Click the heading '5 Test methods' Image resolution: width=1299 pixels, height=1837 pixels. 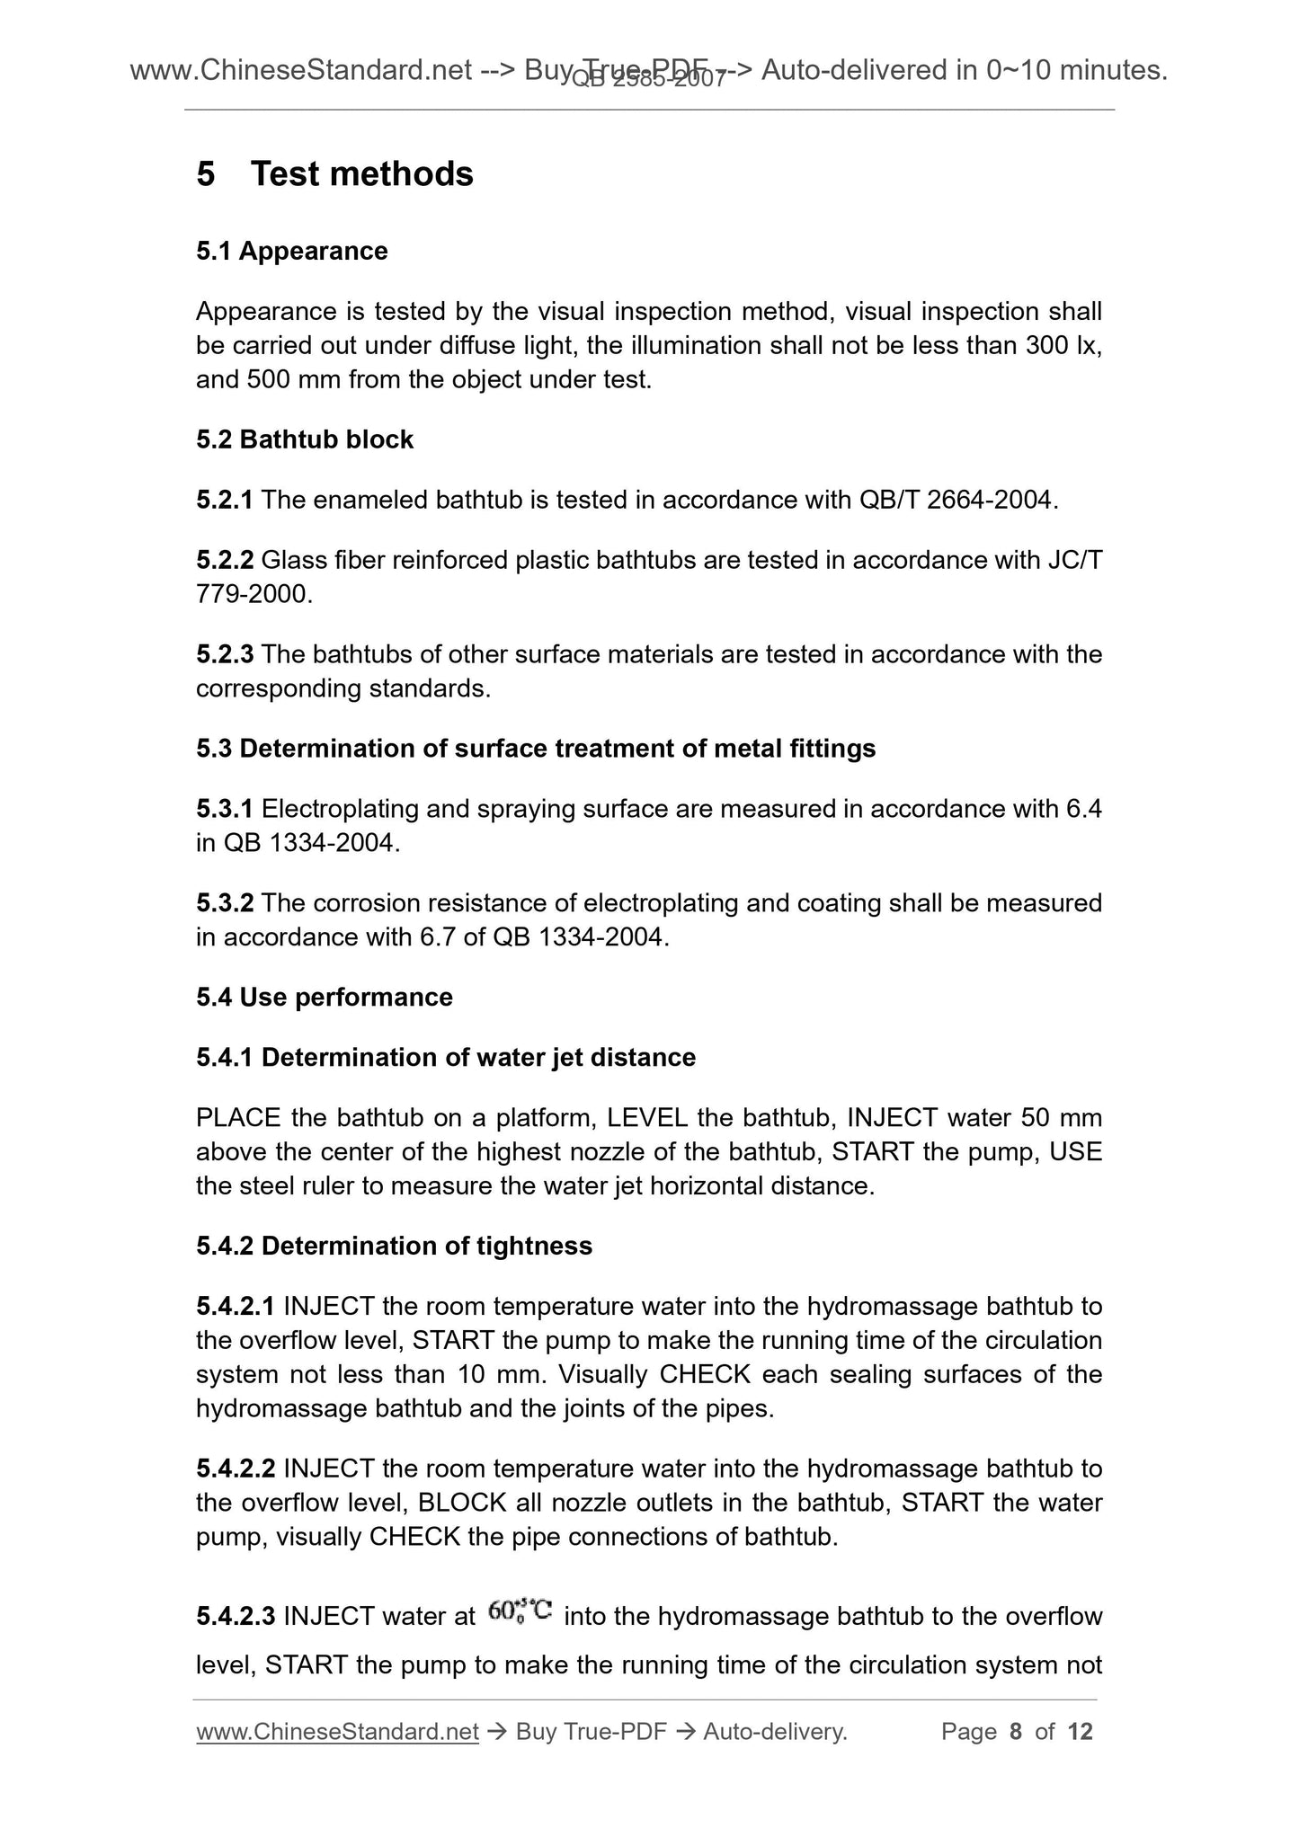click(334, 174)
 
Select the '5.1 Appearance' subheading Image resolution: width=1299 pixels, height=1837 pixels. click(291, 251)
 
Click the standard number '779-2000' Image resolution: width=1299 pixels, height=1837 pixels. click(254, 594)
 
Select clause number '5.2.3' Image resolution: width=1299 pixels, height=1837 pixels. click(225, 654)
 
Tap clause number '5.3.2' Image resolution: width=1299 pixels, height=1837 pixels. click(225, 903)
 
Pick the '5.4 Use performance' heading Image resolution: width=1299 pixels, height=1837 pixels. click(324, 998)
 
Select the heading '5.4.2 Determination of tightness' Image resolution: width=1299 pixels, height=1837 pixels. click(394, 1246)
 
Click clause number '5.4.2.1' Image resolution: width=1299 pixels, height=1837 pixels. click(236, 1306)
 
